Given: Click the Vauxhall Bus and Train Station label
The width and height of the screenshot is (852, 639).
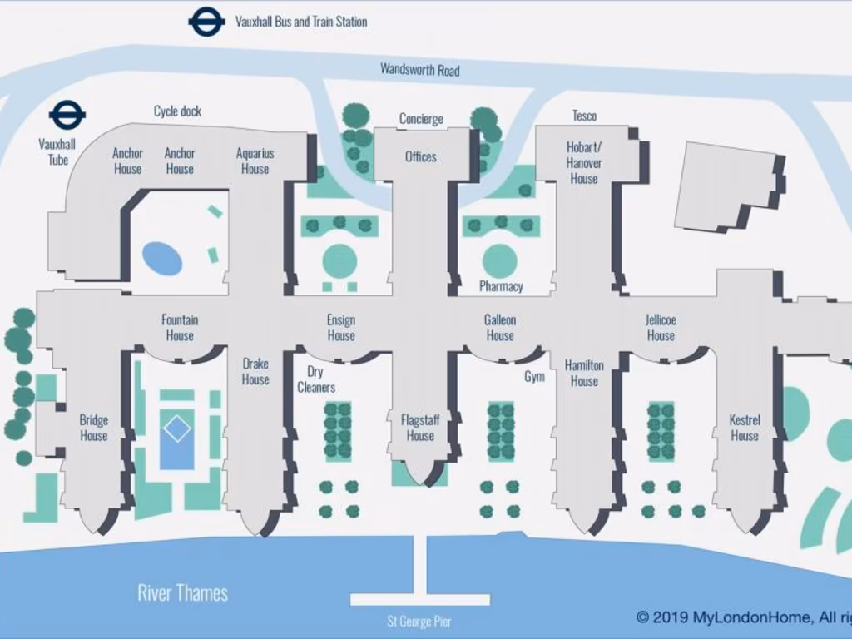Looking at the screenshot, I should coord(300,22).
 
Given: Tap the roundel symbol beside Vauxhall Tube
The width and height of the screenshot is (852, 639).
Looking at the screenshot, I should coord(67,116).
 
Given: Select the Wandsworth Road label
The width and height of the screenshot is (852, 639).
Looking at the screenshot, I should coord(419,70).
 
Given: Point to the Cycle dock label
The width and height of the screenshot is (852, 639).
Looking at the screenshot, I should coord(177,111).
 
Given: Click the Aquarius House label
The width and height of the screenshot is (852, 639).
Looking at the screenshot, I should coord(255,161).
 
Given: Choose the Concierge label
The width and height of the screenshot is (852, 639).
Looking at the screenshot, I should coord(421,119).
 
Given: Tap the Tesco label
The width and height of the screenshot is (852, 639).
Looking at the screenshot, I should coord(584,116).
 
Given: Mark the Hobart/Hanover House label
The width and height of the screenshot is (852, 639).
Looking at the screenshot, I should coord(584,163).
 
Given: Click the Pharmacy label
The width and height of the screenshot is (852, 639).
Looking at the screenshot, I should coord(501,286).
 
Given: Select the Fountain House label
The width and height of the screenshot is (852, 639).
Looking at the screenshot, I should coord(180,328).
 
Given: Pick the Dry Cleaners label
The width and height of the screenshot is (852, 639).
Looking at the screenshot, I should coord(316,379).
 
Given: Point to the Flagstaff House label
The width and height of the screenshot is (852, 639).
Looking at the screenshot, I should coord(420,428).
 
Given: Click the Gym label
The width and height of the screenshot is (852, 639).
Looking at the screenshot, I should coord(534,377).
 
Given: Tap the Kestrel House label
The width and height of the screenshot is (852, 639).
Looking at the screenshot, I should coord(745,428).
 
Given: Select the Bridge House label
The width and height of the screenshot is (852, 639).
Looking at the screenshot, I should coord(94,428).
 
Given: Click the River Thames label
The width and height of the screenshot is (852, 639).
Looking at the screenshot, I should coord(182,593).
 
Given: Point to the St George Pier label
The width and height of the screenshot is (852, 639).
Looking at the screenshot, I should coord(419,621).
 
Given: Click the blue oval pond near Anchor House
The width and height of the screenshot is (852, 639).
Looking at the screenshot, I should coord(162,258).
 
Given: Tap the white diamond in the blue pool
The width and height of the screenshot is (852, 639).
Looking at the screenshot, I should coord(176,429).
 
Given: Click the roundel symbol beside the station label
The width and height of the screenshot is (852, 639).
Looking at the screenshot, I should coord(206,22).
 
